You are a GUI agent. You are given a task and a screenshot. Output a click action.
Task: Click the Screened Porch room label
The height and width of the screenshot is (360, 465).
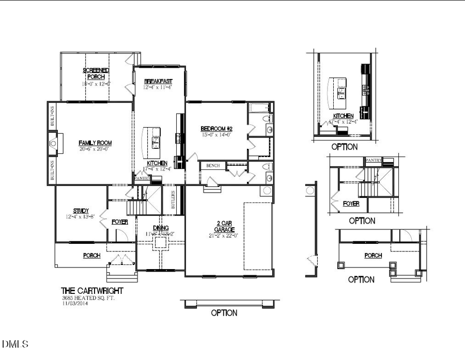[96, 73]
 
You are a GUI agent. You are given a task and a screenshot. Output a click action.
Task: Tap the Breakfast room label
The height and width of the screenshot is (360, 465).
[158, 82]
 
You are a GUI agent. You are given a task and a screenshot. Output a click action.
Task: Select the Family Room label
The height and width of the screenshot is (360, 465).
[95, 143]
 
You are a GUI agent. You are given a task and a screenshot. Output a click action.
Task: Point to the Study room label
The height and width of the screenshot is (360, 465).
[81, 211]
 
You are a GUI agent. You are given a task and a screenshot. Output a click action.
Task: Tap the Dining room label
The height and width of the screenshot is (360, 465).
[161, 228]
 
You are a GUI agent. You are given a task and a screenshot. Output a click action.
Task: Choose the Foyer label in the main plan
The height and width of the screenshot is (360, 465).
[120, 222]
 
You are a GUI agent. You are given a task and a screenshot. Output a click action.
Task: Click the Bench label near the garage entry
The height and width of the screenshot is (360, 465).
[213, 166]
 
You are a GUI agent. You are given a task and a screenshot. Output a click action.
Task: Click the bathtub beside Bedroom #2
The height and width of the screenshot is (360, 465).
[259, 108]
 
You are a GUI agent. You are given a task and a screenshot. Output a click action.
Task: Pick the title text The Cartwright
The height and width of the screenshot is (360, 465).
[92, 291]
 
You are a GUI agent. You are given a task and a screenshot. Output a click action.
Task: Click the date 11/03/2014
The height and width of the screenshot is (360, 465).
[73, 303]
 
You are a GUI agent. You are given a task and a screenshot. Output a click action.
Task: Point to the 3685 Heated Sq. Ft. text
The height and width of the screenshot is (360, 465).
[86, 298]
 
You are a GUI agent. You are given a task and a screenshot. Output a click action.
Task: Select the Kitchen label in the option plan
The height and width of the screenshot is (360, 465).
[343, 116]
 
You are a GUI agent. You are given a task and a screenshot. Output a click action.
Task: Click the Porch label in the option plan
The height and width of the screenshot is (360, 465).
[373, 256]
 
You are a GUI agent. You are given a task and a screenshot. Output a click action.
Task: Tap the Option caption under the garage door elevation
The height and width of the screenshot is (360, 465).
[224, 313]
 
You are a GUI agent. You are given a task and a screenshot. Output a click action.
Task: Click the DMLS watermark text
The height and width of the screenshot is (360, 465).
[16, 343]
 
